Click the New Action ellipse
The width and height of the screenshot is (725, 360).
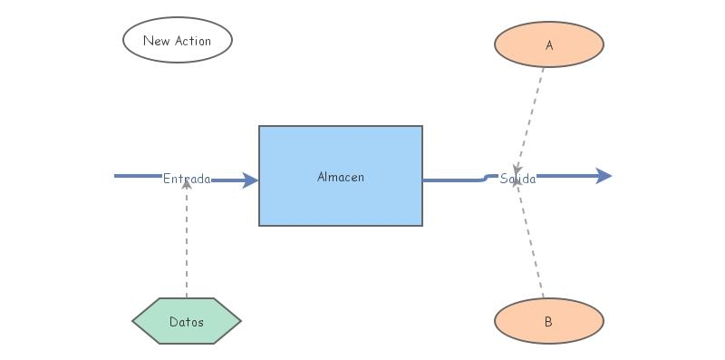[178, 40]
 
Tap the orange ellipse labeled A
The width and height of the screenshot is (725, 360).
[549, 44]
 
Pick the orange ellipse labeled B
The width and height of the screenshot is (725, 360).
[549, 321]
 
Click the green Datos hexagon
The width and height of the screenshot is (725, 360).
[187, 321]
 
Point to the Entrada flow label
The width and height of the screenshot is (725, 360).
[187, 179]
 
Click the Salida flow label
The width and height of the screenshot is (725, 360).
[518, 179]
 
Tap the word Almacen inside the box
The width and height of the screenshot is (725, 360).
[341, 177]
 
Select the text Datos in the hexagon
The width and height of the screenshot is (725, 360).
[187, 322]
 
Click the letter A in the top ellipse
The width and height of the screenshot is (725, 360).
[549, 44]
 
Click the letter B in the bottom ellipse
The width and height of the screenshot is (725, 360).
[549, 322]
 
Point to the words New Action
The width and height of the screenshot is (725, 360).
[178, 41]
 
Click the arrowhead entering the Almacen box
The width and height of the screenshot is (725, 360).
[251, 180]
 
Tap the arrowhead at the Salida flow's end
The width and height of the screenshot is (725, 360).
[604, 176]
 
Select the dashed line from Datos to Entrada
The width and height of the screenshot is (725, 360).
[187, 245]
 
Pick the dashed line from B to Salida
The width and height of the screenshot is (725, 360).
[533, 245]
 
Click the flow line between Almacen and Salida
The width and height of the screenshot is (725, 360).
[453, 180]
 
